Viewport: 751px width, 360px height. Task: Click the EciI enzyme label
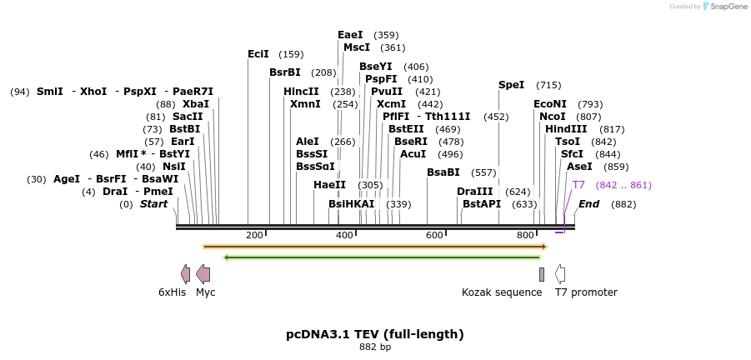pyautogui.click(x=258, y=54)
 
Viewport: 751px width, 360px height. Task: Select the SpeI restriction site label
pyautogui.click(x=512, y=85)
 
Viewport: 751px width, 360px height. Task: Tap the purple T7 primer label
pyautogui.click(x=578, y=184)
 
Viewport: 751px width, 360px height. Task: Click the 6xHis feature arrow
pyautogui.click(x=185, y=273)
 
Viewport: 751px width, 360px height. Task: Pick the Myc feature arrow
pyautogui.click(x=203, y=273)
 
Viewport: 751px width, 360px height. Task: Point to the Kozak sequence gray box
pyautogui.click(x=542, y=274)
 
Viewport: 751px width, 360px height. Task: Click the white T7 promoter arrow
pyautogui.click(x=560, y=273)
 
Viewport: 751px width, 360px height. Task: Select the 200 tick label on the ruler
pyautogui.click(x=255, y=236)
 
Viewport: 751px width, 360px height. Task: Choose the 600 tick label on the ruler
pyautogui.click(x=435, y=236)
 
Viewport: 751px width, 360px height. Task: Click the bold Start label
pyautogui.click(x=153, y=204)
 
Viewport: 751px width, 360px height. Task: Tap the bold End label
pyautogui.click(x=588, y=204)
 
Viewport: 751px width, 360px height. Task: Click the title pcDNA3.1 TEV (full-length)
pyautogui.click(x=375, y=334)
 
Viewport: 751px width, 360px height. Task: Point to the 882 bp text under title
pyautogui.click(x=375, y=347)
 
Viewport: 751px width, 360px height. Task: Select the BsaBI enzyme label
pyautogui.click(x=443, y=172)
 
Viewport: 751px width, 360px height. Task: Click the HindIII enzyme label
pyautogui.click(x=566, y=129)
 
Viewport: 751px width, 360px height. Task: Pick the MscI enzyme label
pyautogui.click(x=357, y=47)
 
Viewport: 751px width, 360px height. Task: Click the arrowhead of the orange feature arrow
pyautogui.click(x=544, y=247)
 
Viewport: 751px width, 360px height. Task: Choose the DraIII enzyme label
pyautogui.click(x=475, y=192)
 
